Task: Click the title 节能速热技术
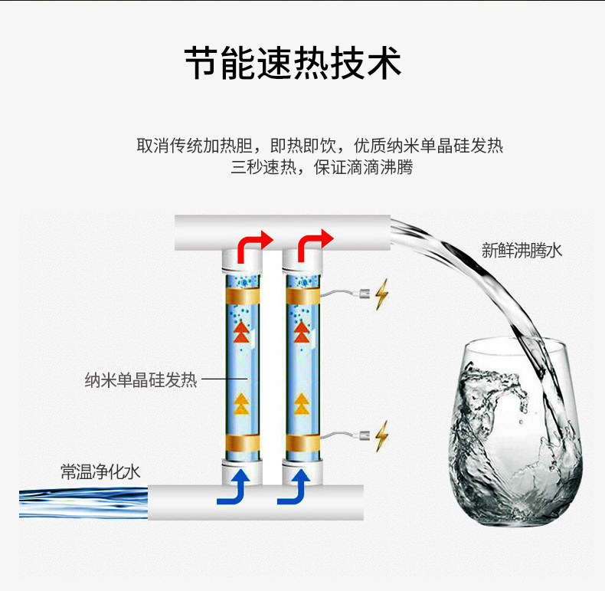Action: (293, 63)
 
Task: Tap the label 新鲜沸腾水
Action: (522, 251)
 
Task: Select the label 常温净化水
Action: (100, 471)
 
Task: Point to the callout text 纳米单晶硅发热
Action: (141, 379)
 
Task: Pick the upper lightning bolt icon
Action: (381, 294)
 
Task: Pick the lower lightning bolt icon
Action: (381, 436)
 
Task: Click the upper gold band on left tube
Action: (243, 297)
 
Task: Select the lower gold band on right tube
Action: (303, 443)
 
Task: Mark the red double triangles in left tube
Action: (241, 332)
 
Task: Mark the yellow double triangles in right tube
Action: (302, 404)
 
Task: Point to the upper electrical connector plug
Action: (364, 294)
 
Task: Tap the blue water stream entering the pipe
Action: (83, 503)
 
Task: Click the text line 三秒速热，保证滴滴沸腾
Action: (322, 167)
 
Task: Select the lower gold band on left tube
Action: (243, 443)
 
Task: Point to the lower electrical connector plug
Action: (364, 435)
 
